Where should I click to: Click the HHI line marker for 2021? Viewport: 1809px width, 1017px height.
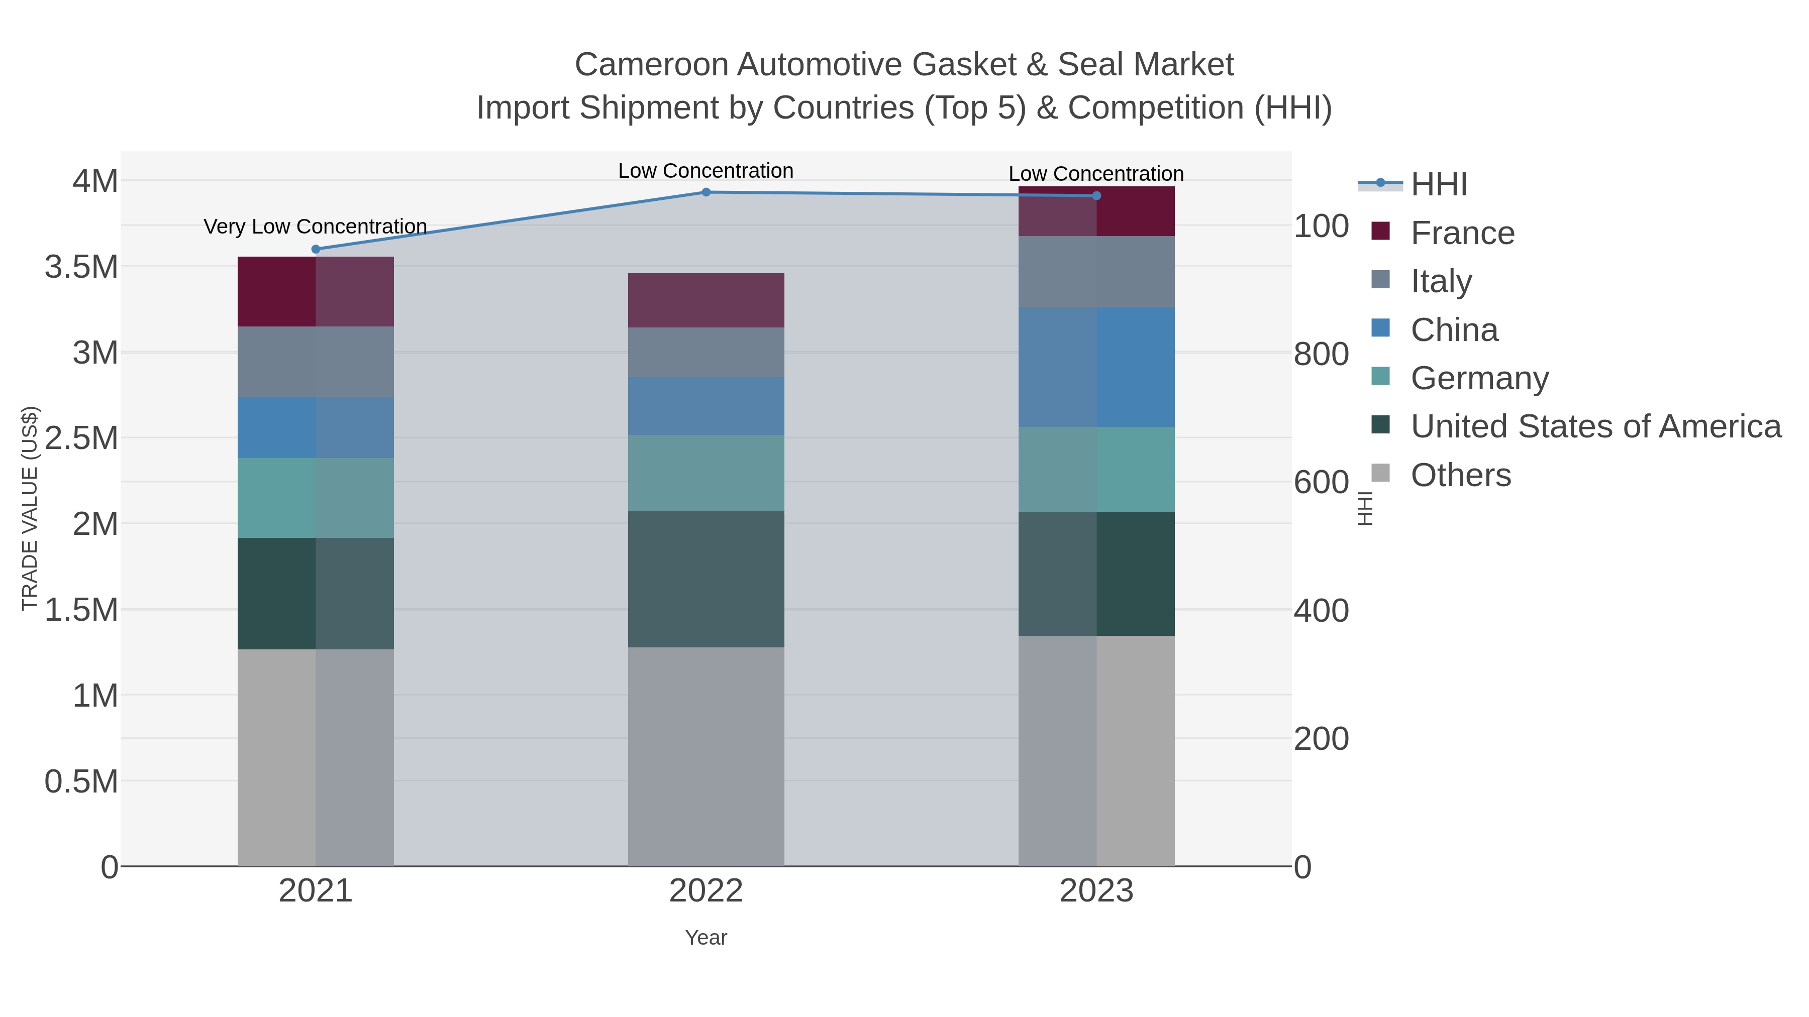click(x=315, y=249)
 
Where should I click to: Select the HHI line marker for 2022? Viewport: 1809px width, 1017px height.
click(x=706, y=192)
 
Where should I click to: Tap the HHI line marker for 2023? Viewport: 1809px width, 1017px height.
click(x=1096, y=196)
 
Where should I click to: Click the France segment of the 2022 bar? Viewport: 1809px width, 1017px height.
click(x=706, y=300)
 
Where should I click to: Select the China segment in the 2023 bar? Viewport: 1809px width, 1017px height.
click(x=1096, y=367)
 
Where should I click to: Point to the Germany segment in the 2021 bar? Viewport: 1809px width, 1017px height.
click(x=315, y=498)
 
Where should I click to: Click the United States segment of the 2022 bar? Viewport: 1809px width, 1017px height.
click(x=706, y=579)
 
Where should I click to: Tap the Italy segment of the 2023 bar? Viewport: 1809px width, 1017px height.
click(x=1096, y=272)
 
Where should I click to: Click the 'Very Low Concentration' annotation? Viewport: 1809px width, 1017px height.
click(x=315, y=227)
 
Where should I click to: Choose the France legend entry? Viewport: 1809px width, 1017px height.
click(x=1462, y=233)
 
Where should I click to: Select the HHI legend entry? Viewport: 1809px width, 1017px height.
click(x=1438, y=185)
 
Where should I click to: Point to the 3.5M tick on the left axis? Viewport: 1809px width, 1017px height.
click(x=81, y=267)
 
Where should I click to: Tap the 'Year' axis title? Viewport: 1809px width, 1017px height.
click(x=706, y=938)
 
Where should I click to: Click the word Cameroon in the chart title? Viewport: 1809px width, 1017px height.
click(x=650, y=65)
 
